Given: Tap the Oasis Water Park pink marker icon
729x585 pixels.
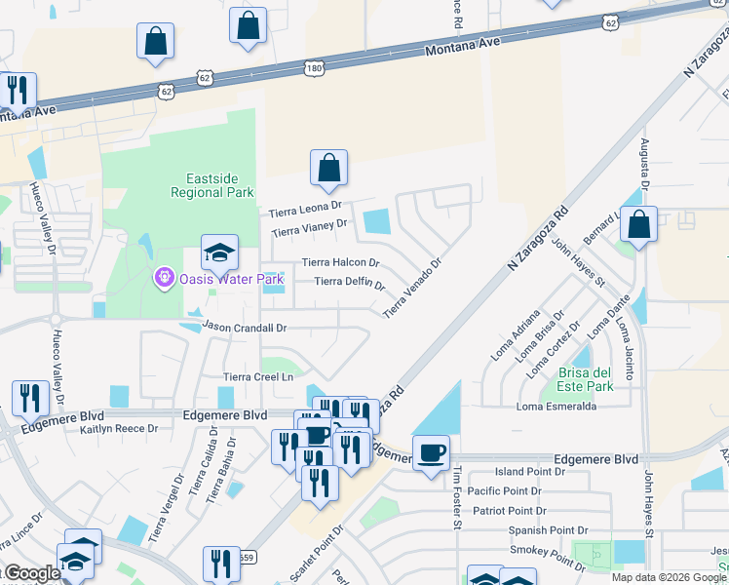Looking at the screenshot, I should [x=164, y=279].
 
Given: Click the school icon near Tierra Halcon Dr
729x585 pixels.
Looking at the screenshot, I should [x=220, y=253].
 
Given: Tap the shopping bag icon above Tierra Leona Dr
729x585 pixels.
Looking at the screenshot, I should [x=329, y=168].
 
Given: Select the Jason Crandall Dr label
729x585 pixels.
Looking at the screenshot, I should [x=245, y=329].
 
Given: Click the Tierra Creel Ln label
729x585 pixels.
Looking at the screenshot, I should [x=258, y=376].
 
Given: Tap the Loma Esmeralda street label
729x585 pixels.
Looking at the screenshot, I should [x=556, y=407].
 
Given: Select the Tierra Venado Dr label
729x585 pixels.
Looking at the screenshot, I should [x=413, y=287].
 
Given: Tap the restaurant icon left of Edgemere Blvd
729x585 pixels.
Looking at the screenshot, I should [x=29, y=399].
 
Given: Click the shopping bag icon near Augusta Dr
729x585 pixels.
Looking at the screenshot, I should [x=638, y=225].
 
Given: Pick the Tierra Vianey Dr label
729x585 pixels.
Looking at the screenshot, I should [x=309, y=228].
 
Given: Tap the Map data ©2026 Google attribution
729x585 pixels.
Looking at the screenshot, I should [x=669, y=577].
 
